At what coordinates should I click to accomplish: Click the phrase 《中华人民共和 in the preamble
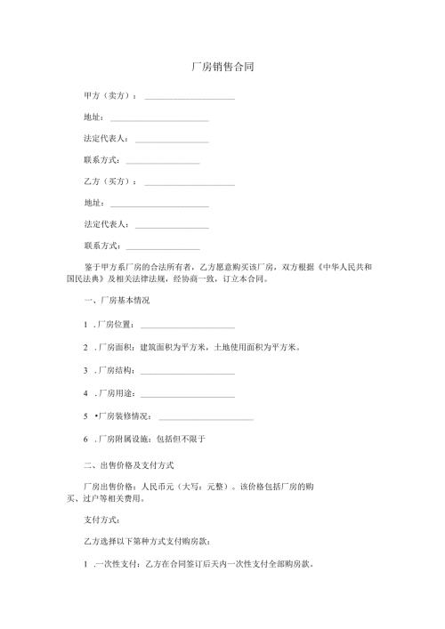346,267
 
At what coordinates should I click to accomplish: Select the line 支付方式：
101,519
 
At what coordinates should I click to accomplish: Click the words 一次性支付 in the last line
112,565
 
